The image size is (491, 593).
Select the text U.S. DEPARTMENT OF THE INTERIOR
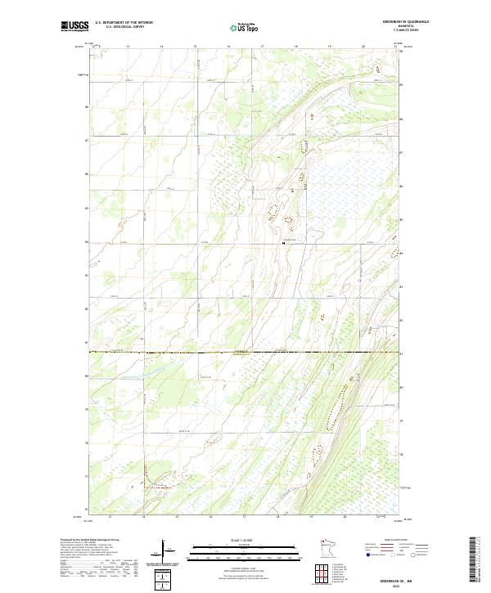pos(124,22)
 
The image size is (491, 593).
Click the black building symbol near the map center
pos(282,243)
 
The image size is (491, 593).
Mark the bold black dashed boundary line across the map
pos(245,353)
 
